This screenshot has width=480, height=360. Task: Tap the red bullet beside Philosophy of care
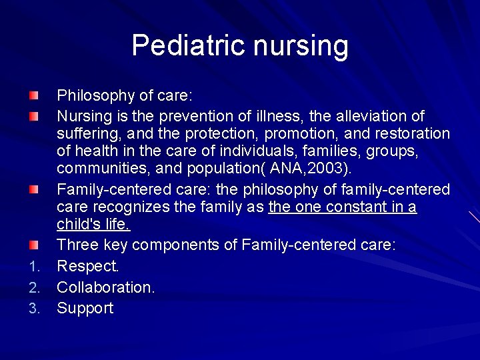tap(34, 96)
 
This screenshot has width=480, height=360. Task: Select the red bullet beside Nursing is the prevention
tap(34, 117)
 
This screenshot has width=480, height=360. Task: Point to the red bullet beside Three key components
tap(34, 245)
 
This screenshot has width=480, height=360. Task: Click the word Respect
tap(87, 267)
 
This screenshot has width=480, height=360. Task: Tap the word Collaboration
tap(105, 287)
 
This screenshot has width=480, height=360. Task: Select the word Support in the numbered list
tap(85, 309)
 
